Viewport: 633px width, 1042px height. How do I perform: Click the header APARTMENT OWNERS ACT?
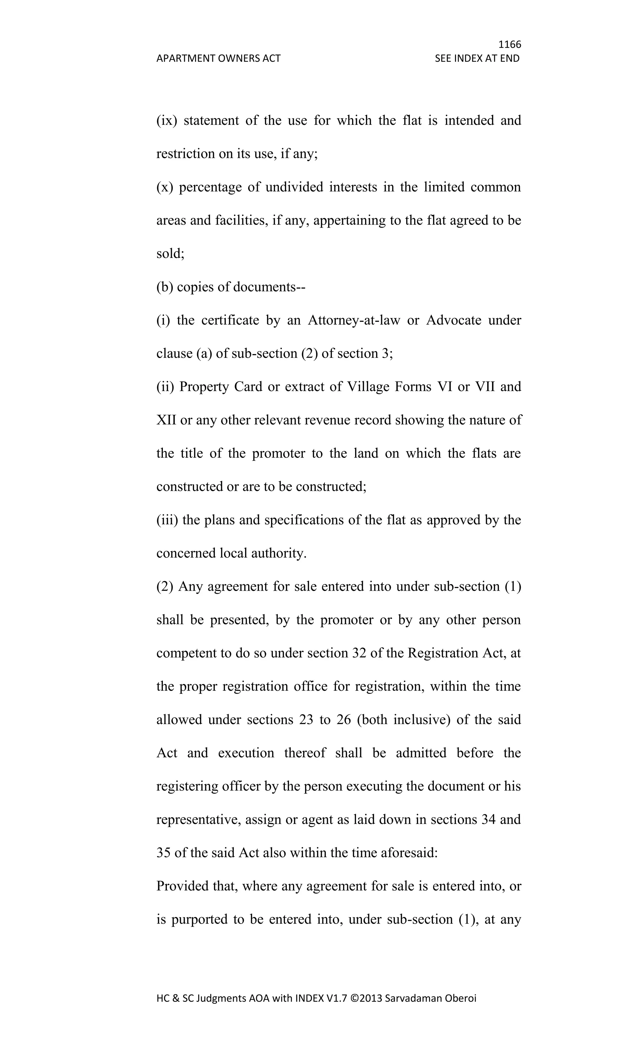(x=218, y=58)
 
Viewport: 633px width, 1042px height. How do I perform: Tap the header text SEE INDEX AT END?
(x=477, y=58)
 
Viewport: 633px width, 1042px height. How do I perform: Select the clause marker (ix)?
(x=167, y=120)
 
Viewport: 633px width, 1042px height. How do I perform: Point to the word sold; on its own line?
(x=170, y=253)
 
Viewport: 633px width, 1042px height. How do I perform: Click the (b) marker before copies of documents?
(x=165, y=287)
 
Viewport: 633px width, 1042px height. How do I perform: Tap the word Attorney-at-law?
(x=354, y=320)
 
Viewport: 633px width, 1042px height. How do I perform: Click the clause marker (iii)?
(x=168, y=520)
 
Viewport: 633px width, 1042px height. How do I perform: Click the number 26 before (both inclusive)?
(x=344, y=720)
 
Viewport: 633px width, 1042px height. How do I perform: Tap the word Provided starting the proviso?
(x=182, y=886)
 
